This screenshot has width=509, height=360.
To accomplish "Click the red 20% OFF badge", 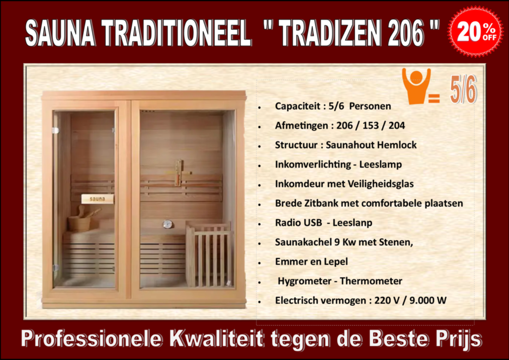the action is (476, 31).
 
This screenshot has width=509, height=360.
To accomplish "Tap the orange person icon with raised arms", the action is (416, 86).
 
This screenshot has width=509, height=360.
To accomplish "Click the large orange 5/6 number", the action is (463, 89).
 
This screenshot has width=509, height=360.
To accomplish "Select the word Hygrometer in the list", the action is (305, 281).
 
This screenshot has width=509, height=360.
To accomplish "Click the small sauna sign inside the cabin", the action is (97, 199).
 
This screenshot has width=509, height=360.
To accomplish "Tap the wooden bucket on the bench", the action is (79, 221).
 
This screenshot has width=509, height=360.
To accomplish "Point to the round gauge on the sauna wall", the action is (168, 224).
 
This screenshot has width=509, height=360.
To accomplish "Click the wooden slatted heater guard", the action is (210, 254).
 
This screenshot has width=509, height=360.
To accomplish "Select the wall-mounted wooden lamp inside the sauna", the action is (179, 173).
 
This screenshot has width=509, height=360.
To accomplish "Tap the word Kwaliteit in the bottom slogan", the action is (216, 339).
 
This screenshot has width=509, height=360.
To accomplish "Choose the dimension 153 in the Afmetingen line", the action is (370, 126).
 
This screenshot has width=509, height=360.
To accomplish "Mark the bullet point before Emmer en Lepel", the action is (259, 263).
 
